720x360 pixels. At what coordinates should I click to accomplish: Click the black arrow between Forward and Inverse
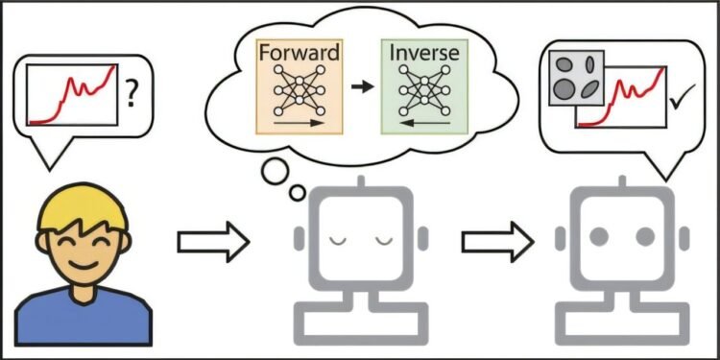pyautogui.click(x=361, y=86)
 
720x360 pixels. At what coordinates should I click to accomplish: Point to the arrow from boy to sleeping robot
pyautogui.click(x=213, y=241)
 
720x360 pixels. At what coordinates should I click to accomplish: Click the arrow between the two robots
pyautogui.click(x=496, y=241)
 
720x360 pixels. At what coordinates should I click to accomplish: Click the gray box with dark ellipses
pyautogui.click(x=573, y=77)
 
